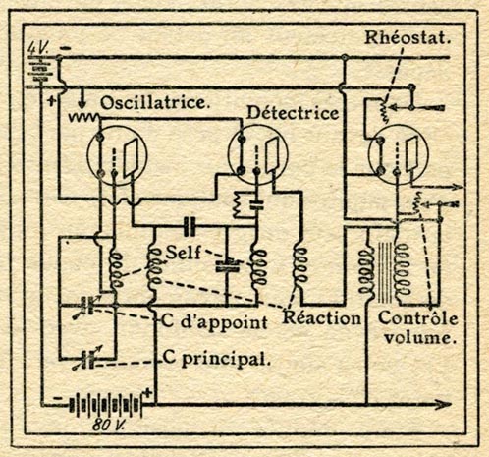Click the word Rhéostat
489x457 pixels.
(x=407, y=37)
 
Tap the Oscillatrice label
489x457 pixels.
(x=154, y=103)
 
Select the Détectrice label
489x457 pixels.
(x=293, y=113)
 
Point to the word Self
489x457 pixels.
(x=184, y=253)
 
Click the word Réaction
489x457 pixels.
(x=321, y=317)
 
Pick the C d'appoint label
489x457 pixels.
(x=215, y=322)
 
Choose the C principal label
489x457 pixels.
(x=217, y=360)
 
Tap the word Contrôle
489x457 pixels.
(x=417, y=317)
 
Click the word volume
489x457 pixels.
(x=420, y=338)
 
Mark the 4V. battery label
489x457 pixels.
(x=38, y=48)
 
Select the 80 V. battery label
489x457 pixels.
(x=108, y=425)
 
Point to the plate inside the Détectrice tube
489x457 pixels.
(x=272, y=155)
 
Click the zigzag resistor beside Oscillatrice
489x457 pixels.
(x=83, y=117)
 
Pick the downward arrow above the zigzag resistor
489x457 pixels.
(x=81, y=98)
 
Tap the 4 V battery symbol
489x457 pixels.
(x=40, y=70)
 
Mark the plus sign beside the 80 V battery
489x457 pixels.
(x=148, y=392)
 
